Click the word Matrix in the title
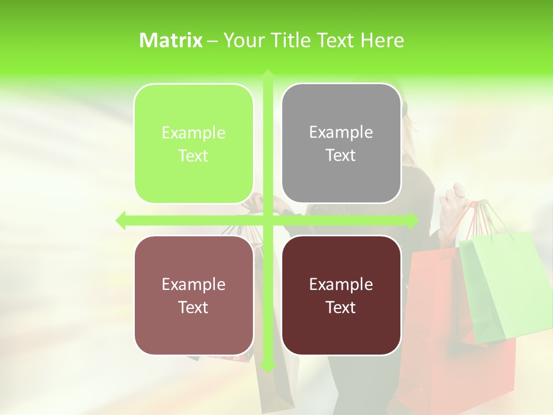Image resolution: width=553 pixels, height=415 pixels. click(171, 40)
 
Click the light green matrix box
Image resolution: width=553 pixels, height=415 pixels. click(194, 144)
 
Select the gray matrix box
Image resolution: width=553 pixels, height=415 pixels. click(341, 144)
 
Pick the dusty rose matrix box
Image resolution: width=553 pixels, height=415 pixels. click(194, 295)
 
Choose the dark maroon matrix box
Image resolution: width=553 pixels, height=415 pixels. click(341, 295)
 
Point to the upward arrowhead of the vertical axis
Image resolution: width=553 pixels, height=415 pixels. click(268, 74)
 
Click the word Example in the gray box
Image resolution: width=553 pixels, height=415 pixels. click(341, 133)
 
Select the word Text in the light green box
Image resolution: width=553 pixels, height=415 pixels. click(194, 156)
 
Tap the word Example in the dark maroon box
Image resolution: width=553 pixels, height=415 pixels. click(341, 284)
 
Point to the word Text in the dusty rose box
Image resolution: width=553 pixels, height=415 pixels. click(194, 307)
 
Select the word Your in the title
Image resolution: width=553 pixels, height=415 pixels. click(241, 40)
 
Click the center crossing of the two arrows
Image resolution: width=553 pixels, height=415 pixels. click(268, 220)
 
